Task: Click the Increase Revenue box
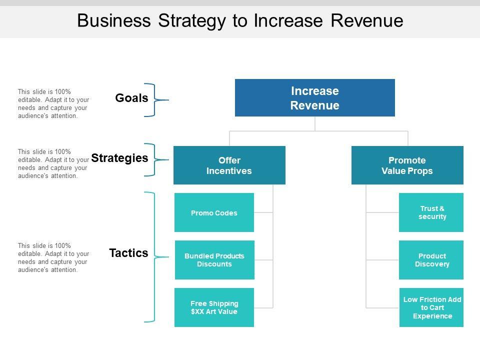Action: coord(315,98)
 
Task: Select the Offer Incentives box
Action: coord(229,165)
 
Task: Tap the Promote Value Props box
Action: coord(407,165)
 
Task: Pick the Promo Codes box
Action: coord(214,213)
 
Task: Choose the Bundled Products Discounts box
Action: coord(214,260)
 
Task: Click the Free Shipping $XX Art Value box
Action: coord(214,307)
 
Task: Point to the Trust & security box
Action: coord(431,212)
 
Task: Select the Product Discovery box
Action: coord(431,260)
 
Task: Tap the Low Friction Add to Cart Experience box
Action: coord(432,307)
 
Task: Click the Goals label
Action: coord(131,98)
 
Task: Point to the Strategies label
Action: coord(120,158)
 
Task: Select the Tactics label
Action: coord(129,253)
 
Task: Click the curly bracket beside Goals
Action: coord(155,100)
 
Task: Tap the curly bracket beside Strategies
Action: coord(155,160)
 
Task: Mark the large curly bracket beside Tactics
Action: coord(154,257)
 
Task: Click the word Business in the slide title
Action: coord(114,20)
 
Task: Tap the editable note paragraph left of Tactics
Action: coord(53,257)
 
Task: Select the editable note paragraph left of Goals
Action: coord(53,103)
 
